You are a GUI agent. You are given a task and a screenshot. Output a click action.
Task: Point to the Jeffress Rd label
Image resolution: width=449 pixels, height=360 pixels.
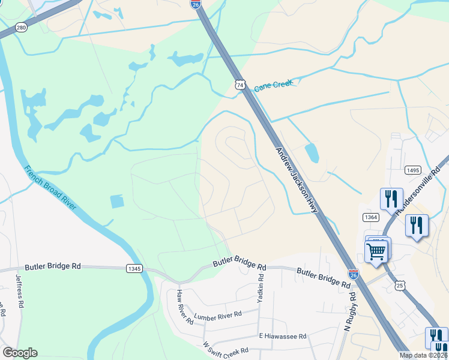coord(19,292)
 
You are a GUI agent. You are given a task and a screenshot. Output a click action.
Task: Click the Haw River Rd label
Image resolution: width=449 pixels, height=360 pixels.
coord(185,307)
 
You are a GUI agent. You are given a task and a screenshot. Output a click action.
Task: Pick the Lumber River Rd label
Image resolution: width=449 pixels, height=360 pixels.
coord(217,314)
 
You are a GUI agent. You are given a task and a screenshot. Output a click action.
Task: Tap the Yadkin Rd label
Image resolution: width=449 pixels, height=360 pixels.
coord(261,288)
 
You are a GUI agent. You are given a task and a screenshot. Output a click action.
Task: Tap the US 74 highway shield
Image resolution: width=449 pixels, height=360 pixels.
coord(240,85)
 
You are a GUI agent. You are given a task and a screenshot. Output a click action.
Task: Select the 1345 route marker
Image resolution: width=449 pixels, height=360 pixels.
coord(134,269)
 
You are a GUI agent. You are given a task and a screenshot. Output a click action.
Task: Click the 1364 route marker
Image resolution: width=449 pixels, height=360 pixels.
coord(370,217)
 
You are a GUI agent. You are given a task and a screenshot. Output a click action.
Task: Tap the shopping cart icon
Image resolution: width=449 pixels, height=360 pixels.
coord(377,250)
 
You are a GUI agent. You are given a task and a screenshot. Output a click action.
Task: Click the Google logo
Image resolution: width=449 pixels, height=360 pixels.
coord(20,353)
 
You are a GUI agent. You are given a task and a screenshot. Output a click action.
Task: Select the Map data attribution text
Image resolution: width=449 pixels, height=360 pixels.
coord(423,355)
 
